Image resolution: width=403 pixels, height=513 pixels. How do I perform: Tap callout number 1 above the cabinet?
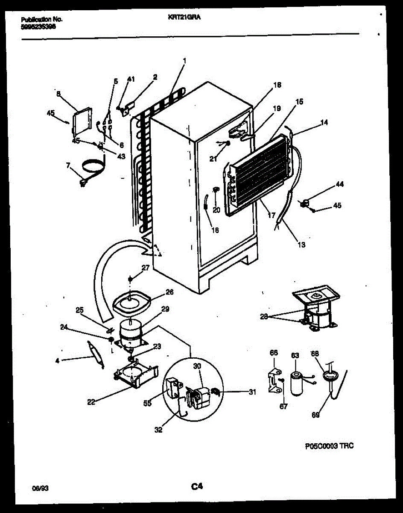click(184, 61)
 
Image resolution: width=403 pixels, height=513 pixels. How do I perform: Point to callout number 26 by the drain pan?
click(169, 292)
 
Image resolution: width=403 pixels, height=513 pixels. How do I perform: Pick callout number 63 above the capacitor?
click(295, 356)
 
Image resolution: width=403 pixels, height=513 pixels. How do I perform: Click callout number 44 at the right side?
click(339, 185)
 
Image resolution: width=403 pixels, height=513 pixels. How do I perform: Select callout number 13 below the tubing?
click(301, 245)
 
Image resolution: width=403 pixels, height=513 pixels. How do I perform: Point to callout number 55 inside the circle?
click(148, 403)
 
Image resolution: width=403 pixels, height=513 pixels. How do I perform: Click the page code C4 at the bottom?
click(196, 486)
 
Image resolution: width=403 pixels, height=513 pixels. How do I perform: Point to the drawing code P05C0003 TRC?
click(329, 446)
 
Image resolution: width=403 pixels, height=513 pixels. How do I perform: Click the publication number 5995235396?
click(38, 26)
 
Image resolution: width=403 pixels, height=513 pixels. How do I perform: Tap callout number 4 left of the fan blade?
click(58, 360)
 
